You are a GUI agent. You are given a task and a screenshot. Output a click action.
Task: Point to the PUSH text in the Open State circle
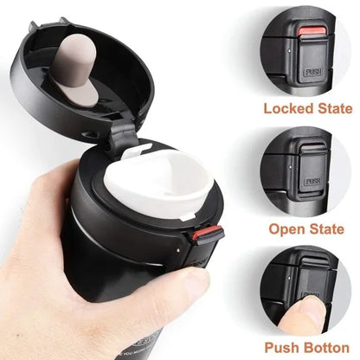pyautogui.click(x=313, y=183)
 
